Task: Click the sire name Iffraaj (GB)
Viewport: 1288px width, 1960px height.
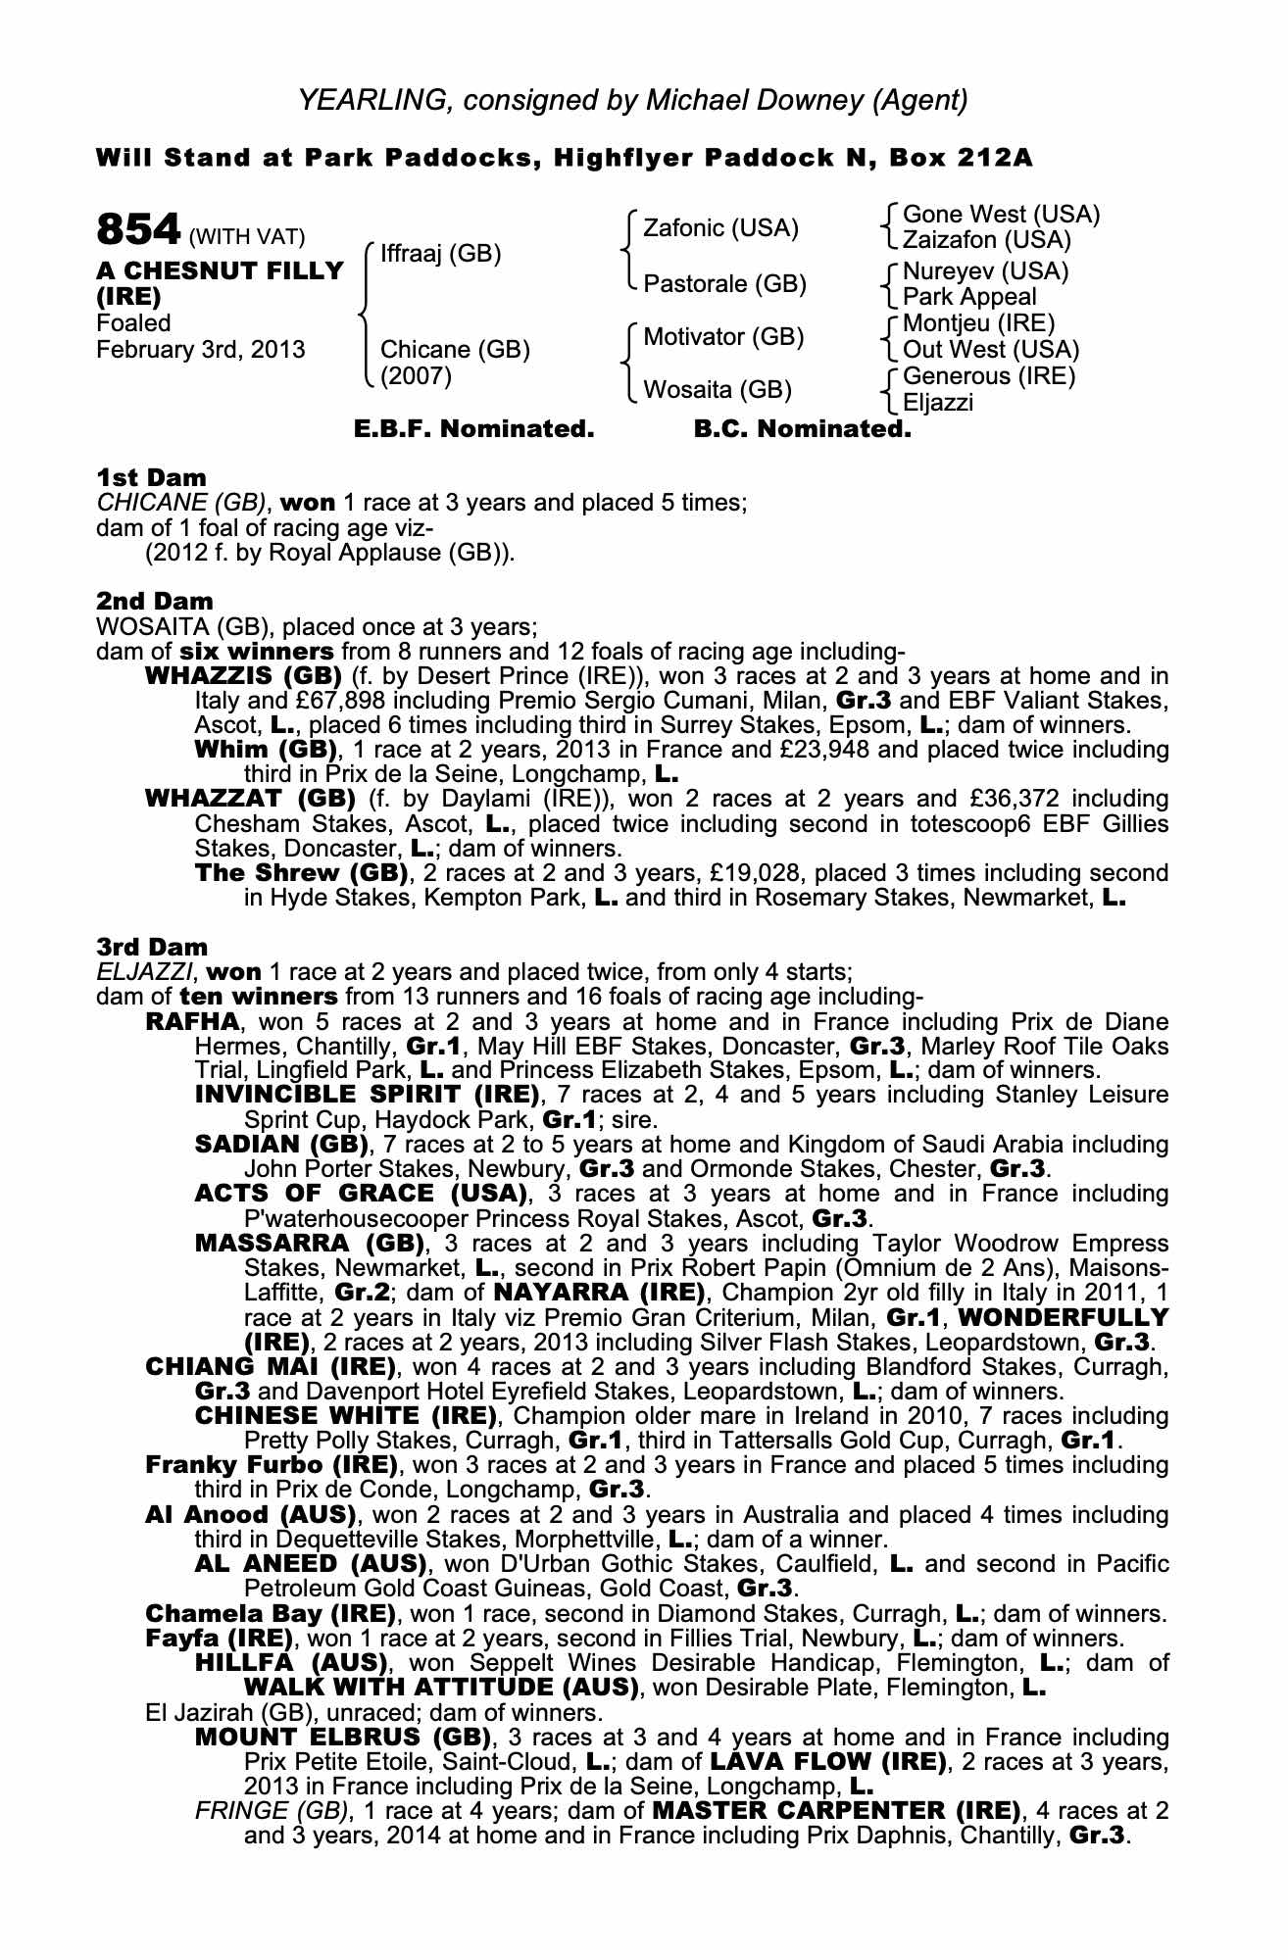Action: (x=440, y=254)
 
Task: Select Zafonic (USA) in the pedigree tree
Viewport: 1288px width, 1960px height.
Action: (x=720, y=228)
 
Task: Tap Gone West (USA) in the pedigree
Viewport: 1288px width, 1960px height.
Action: (x=1001, y=214)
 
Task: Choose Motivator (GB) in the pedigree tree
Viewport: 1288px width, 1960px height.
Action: (x=722, y=337)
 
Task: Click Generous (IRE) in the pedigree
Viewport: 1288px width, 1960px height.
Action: (x=988, y=376)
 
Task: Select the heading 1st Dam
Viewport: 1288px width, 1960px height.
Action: (x=151, y=477)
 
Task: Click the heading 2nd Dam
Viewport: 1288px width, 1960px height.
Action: (x=154, y=600)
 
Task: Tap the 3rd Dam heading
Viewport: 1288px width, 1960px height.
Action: (x=152, y=947)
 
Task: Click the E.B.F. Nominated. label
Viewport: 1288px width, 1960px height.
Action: (x=473, y=429)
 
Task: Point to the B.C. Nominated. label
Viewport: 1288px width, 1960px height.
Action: (x=802, y=429)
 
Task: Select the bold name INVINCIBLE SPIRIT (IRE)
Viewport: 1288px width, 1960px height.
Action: (x=367, y=1094)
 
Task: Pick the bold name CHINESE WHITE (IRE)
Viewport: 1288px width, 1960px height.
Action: (x=346, y=1416)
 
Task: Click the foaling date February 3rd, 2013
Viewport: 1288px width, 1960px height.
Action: (x=200, y=350)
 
